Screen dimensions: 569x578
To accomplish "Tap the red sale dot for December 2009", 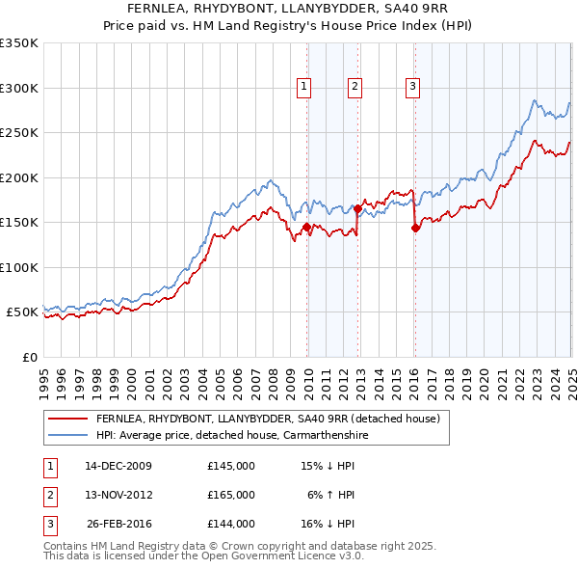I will coord(307,228).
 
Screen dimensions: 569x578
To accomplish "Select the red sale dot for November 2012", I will coord(357,208).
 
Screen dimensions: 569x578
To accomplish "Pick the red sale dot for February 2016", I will coord(415,229).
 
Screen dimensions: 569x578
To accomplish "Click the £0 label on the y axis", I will coord(27,357).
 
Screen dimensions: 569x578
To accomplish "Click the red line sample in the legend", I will coord(67,419).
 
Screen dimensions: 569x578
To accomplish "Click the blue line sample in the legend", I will coord(67,435).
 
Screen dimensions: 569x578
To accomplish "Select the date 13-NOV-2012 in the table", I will coord(118,495).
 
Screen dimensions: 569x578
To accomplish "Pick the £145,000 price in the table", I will coord(231,466).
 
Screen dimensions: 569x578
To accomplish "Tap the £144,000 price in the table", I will coord(231,524).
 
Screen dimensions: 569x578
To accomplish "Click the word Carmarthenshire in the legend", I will coord(319,435).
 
